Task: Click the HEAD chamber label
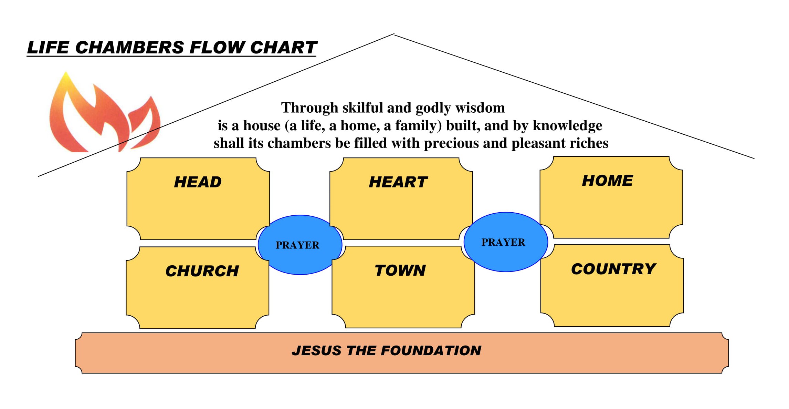tap(198, 182)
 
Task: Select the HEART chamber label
tap(398, 182)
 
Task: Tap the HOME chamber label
tap(607, 181)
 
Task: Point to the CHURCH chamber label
tap(202, 271)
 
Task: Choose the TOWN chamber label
tap(400, 270)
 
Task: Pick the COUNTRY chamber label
tap(613, 269)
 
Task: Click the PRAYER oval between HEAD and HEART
tap(298, 245)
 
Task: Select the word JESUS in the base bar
tap(316, 350)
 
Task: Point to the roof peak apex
tap(394, 34)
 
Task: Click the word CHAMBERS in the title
tap(129, 48)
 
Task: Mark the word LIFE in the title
tap(48, 48)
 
